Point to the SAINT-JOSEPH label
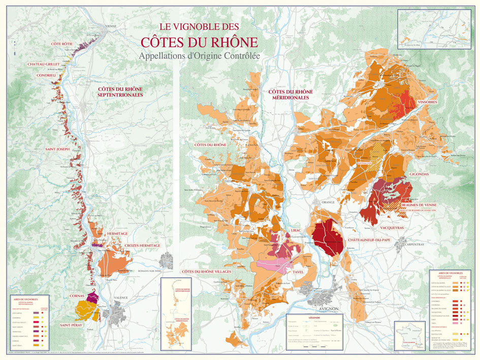click(x=57, y=149)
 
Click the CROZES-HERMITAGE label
click(x=142, y=246)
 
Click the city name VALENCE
click(x=121, y=298)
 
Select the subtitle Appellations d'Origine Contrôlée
click(x=200, y=57)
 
